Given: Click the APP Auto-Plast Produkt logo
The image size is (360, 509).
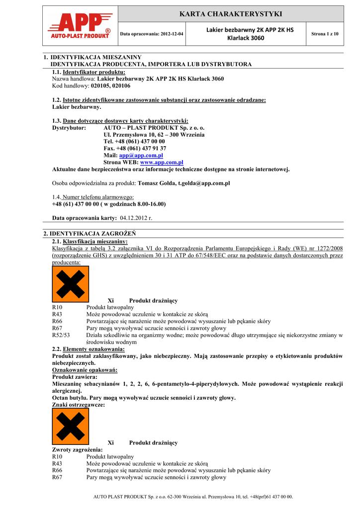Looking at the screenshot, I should [79, 26].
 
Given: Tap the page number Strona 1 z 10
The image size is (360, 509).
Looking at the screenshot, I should [324, 34].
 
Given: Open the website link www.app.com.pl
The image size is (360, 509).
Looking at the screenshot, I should [162, 163].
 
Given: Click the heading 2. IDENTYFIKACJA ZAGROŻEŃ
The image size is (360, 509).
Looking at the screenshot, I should [90, 233].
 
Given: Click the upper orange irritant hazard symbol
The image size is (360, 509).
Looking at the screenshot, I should [71, 284].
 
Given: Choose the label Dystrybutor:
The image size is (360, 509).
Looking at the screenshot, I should [69, 128].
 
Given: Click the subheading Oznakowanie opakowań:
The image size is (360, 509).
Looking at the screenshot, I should [85, 370].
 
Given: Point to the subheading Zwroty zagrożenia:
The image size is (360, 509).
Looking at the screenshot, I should [78, 449].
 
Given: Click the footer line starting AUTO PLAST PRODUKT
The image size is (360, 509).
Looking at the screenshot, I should [193, 497].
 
